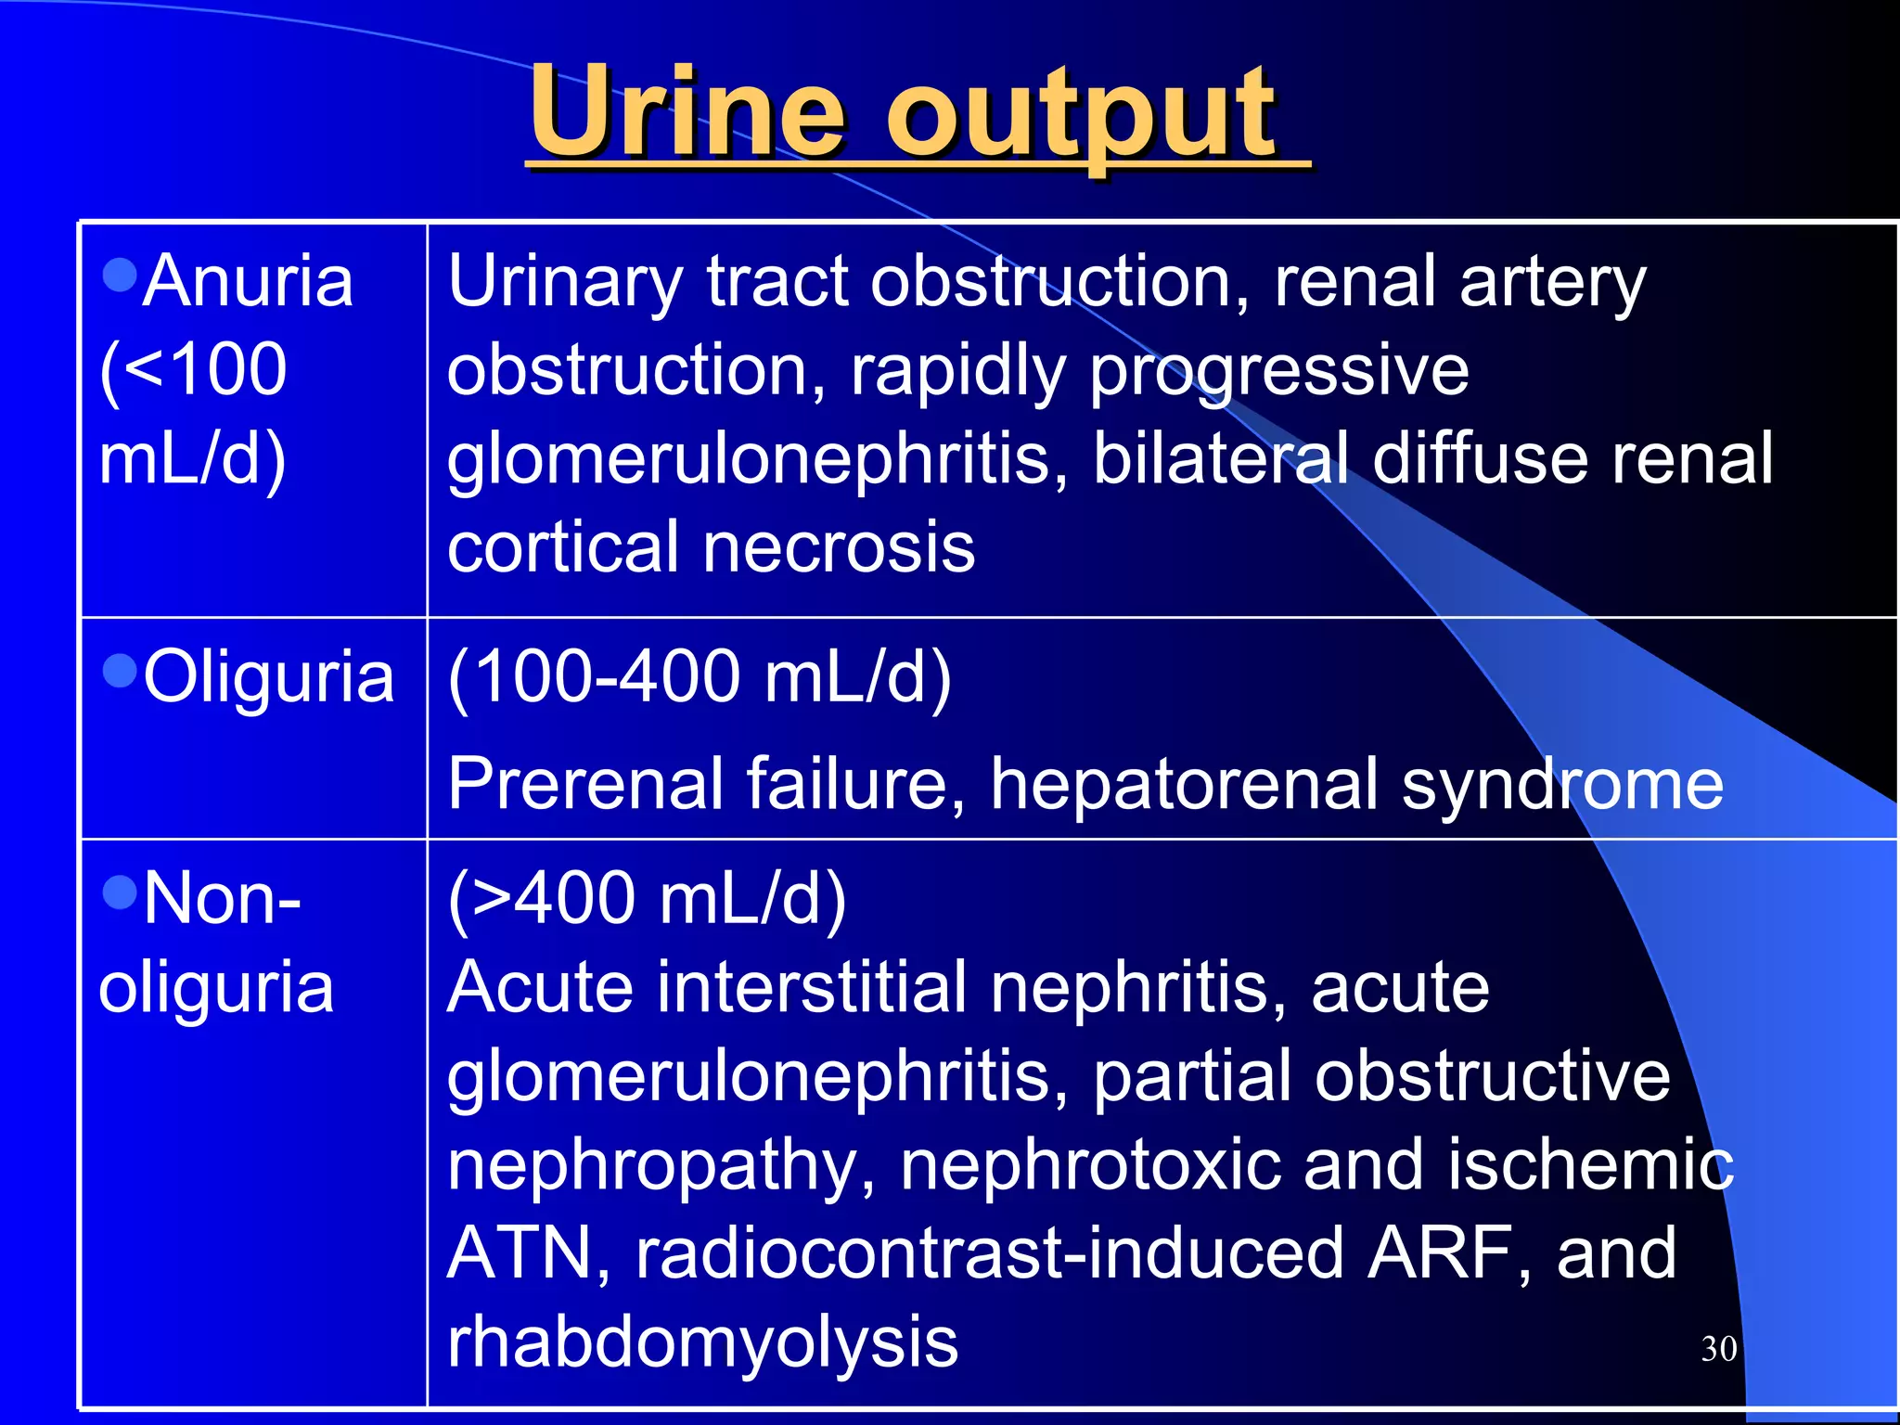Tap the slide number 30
coord(1718,1349)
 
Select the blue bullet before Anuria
coord(121,275)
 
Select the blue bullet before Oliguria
coord(121,670)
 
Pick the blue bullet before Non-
coord(121,892)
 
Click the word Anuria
coord(249,281)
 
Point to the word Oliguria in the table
coord(269,677)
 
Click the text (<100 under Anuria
coord(193,369)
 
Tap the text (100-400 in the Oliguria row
coord(594,677)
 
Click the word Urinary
coord(565,283)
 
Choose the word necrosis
coord(839,547)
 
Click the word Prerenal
coord(585,784)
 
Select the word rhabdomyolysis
coord(702,1342)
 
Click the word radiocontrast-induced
coord(989,1252)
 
